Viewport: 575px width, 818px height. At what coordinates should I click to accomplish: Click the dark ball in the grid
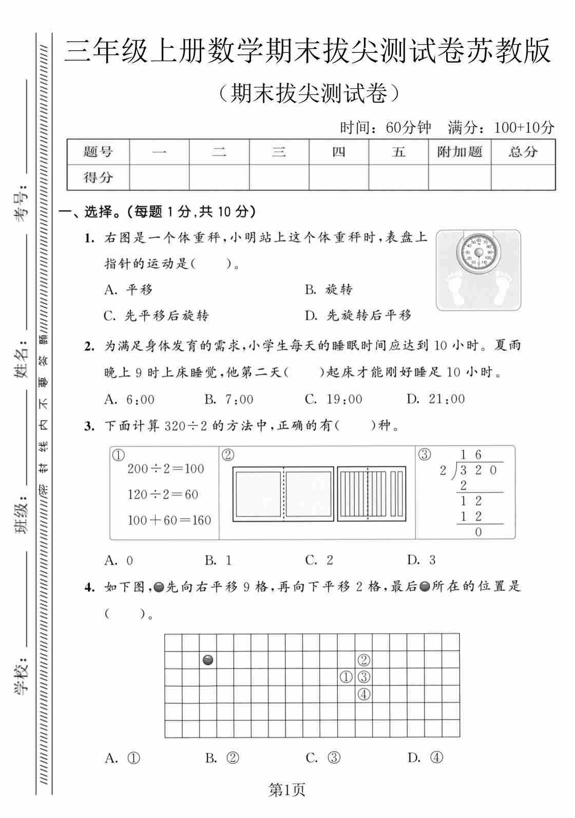[208, 660]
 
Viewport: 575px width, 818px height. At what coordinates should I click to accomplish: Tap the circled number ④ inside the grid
[363, 695]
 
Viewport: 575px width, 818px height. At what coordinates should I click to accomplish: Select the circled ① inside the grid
[346, 677]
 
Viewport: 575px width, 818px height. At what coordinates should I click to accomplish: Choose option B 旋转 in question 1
[329, 290]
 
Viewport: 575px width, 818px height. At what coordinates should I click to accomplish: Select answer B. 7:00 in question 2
[229, 399]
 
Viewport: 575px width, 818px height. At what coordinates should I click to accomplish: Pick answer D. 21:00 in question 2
[435, 399]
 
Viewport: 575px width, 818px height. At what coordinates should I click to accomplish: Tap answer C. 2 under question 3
[319, 560]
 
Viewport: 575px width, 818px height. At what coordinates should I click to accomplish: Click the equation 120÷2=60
[163, 494]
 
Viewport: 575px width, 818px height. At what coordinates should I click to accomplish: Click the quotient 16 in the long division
[471, 454]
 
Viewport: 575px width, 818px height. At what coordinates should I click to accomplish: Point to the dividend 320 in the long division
[478, 470]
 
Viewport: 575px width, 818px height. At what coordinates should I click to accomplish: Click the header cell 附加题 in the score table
[459, 152]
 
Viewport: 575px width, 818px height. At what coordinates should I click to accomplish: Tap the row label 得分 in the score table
[98, 178]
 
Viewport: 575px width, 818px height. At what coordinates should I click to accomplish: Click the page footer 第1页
[287, 790]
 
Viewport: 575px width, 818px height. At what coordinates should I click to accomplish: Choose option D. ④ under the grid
[425, 758]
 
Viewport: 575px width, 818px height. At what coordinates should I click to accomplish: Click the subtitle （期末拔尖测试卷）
[308, 94]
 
